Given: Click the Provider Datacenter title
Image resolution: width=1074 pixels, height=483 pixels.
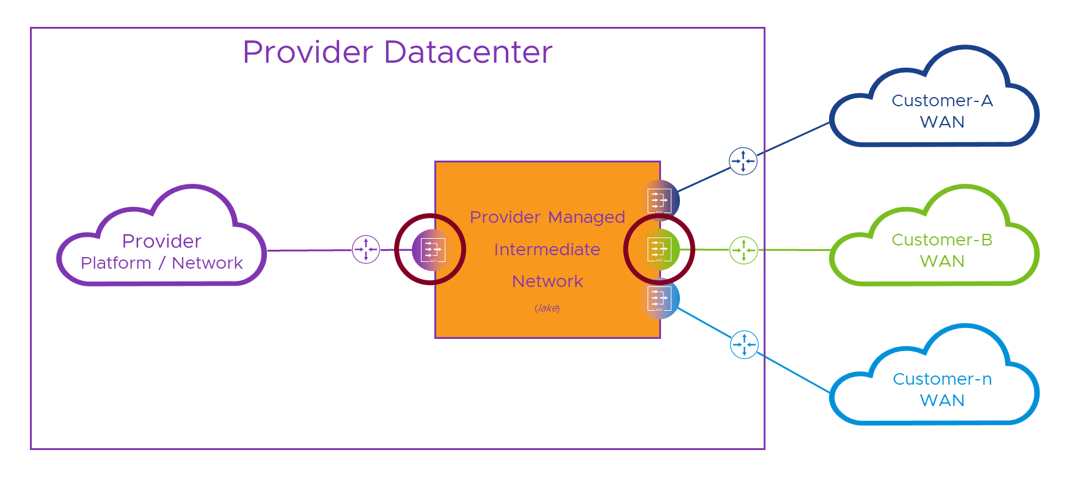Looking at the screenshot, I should coord(397,52).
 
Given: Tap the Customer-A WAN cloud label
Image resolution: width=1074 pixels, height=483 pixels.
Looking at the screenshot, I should coord(942,111).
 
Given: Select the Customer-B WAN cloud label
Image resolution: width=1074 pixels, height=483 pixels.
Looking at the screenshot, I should coord(942,250).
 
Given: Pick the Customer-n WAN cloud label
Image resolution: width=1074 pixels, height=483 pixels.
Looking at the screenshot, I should coord(942,390).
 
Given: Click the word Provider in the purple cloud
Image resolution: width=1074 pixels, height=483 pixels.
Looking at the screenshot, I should coord(161,241).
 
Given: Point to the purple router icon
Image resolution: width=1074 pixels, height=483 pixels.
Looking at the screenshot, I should coord(366,250).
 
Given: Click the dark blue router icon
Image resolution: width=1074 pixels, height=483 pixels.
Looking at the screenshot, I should coord(743,161).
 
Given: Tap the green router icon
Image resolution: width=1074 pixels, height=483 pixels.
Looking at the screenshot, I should coord(743,250).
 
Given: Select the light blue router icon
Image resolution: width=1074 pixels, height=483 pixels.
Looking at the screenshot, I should coord(744,345).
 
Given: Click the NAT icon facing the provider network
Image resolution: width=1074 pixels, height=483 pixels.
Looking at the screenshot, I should coord(433,250).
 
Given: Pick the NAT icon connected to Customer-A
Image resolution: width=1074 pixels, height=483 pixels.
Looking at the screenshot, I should coord(659,200).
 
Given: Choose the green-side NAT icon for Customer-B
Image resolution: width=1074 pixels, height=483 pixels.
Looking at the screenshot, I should coord(659,249).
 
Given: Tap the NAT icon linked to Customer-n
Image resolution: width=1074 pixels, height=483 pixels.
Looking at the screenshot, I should coord(659,299).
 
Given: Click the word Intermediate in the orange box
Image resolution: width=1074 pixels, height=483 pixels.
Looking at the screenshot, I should coord(547,250).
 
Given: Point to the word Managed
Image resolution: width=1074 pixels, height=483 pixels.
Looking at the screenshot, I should coord(586,217).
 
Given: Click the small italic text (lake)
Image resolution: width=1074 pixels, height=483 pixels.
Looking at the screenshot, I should coord(547,308).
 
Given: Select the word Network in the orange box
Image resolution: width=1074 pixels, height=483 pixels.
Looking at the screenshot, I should coord(547,281).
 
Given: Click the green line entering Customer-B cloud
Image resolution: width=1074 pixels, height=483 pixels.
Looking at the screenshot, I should coord(794,250).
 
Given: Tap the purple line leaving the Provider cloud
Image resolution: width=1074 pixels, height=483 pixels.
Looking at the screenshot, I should coord(309,250).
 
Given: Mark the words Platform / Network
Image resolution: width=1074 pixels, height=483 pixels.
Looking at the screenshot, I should coord(161,263).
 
